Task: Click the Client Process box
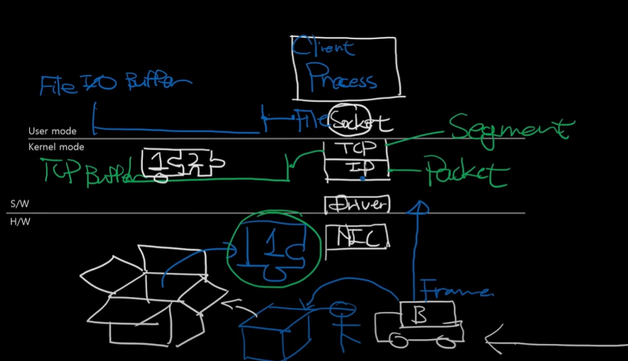347,67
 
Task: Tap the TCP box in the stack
355,149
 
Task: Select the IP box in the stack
355,168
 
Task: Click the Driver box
357,205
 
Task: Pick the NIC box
357,236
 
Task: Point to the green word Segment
509,128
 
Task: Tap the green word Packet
467,173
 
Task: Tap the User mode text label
52,131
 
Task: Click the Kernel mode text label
56,147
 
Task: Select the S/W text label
20,204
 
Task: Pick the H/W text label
20,221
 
